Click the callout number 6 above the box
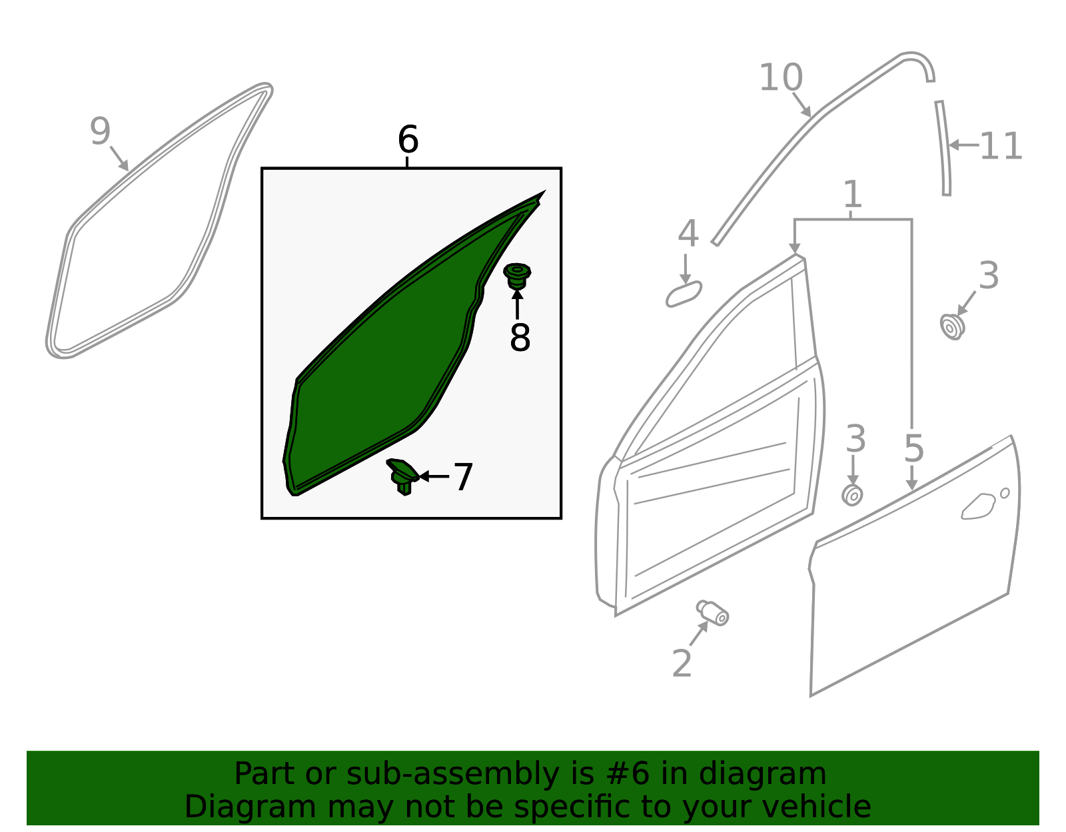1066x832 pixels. coord(408,139)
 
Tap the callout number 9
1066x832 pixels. coord(100,131)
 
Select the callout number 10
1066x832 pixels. coord(780,77)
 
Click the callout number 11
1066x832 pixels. coord(1001,146)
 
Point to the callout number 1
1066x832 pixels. coord(852,194)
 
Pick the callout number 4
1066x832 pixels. coord(688,233)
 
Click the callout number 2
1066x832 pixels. coord(682,663)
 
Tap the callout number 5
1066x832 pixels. coord(913,448)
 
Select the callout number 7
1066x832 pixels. coord(462,477)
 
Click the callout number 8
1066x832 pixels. coord(520,337)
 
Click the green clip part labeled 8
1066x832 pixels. coord(517,276)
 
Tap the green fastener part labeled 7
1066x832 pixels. coord(402,476)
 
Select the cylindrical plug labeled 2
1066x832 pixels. coord(713,613)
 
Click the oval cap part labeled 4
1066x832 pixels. coord(684,294)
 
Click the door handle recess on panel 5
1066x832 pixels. coord(978,506)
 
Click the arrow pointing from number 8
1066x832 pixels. coord(517,304)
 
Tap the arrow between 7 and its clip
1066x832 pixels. coord(434,476)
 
